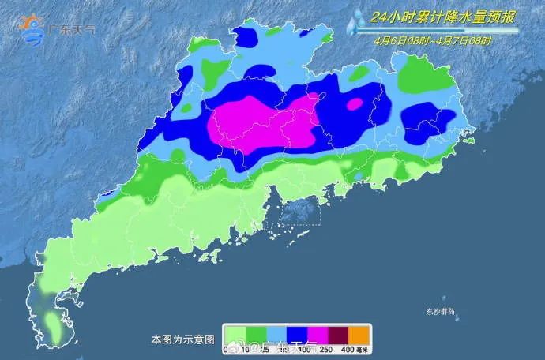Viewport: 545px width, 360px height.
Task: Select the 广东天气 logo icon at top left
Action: (33, 28)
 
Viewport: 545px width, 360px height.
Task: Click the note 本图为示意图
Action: (182, 339)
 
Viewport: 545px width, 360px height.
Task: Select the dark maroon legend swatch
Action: (337, 333)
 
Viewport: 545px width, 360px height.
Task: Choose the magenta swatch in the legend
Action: (317, 333)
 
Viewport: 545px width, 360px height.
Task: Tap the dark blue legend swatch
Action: (296, 333)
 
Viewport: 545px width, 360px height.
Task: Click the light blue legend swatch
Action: (276, 333)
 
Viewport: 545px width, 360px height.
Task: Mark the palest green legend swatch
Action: (235, 333)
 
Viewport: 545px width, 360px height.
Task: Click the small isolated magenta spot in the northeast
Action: (355, 103)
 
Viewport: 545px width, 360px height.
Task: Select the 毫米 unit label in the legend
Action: (363, 348)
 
